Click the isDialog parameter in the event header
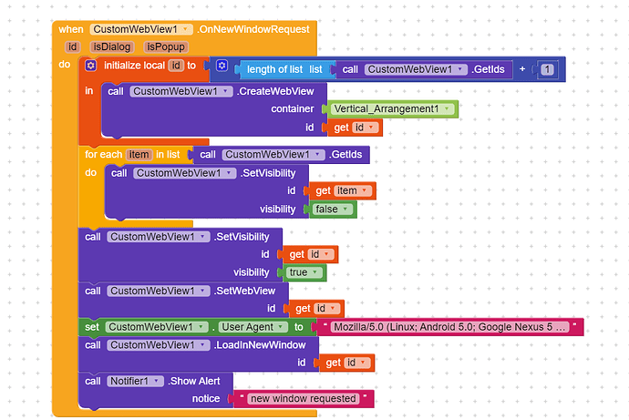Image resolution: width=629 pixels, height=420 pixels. [112, 46]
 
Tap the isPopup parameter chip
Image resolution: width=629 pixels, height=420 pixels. [165, 46]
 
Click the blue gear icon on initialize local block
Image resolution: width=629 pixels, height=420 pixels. [90, 66]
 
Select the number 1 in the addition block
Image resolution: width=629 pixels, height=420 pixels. [547, 69]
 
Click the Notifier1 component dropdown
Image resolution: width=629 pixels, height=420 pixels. [135, 381]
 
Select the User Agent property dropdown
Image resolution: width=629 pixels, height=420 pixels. [250, 327]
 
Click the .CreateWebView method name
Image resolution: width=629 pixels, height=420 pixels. [274, 91]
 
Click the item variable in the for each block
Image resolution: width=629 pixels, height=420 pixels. [139, 155]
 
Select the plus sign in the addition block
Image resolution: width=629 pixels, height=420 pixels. [521, 69]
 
